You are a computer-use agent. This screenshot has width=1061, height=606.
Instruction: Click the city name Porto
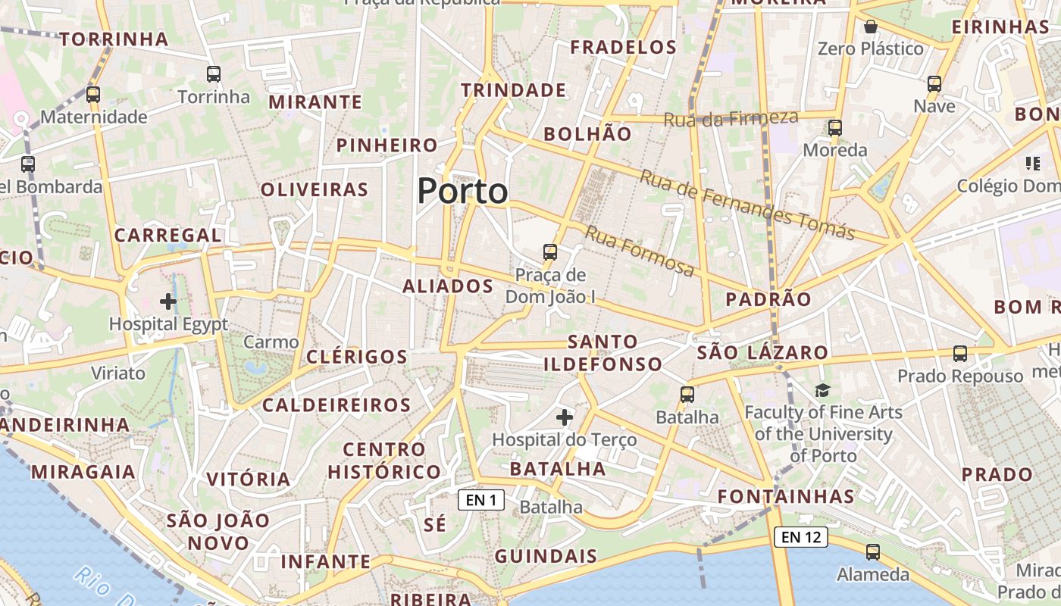pyautogui.click(x=462, y=191)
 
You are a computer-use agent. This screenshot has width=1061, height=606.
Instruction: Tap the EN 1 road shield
pyautogui.click(x=481, y=500)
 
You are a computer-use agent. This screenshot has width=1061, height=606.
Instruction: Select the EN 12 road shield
pyautogui.click(x=800, y=537)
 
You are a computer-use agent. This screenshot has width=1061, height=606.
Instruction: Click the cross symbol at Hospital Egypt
pyautogui.click(x=168, y=301)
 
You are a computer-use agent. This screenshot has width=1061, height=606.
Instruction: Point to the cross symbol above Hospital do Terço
pyautogui.click(x=565, y=417)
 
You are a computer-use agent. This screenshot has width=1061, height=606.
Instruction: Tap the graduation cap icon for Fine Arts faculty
pyautogui.click(x=822, y=390)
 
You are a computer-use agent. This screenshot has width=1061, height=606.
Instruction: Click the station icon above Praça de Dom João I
pyautogui.click(x=550, y=252)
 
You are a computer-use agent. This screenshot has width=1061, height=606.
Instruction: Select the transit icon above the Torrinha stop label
pyautogui.click(x=214, y=74)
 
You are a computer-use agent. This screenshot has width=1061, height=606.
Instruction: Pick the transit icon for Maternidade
pyautogui.click(x=93, y=95)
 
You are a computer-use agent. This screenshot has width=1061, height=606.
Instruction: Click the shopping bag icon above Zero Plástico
pyautogui.click(x=871, y=27)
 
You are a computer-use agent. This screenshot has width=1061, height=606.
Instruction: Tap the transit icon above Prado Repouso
pyautogui.click(x=960, y=353)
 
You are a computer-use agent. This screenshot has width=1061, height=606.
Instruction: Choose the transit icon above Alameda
pyautogui.click(x=873, y=552)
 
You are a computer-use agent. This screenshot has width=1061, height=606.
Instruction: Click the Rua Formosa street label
pyautogui.click(x=640, y=252)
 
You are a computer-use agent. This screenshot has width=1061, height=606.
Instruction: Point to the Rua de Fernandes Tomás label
pyautogui.click(x=747, y=205)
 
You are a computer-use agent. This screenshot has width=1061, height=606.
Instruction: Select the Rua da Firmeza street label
pyautogui.click(x=731, y=118)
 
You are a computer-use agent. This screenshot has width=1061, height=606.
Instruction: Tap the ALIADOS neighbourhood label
pyautogui.click(x=448, y=286)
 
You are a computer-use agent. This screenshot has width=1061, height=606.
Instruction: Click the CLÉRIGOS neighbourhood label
pyautogui.click(x=357, y=357)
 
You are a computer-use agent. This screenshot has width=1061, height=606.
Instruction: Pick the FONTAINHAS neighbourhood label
pyautogui.click(x=786, y=497)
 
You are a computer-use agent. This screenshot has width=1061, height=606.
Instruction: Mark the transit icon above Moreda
pyautogui.click(x=835, y=128)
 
